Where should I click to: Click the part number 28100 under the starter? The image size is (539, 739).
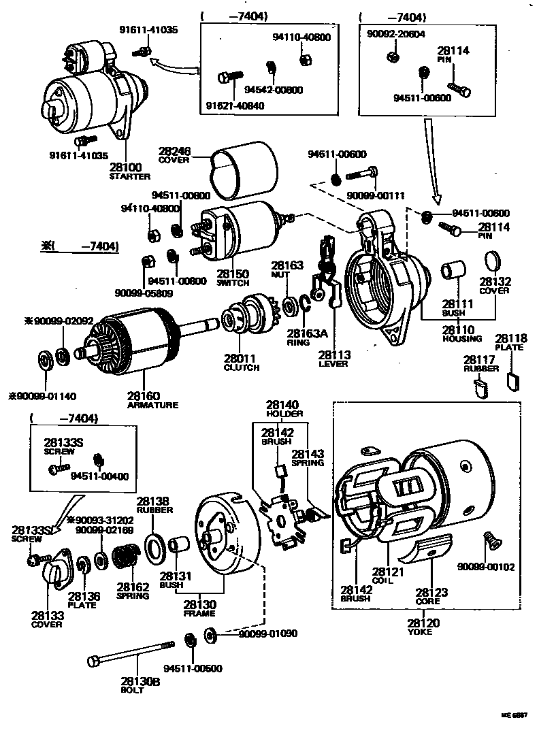coord(125,167)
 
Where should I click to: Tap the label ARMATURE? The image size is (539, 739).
coord(152,405)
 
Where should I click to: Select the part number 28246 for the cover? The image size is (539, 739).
coord(174,152)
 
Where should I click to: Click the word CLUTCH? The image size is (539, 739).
coord(241,367)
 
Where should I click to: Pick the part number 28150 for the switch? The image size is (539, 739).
coord(232,274)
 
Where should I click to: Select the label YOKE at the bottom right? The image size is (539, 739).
coord(423,632)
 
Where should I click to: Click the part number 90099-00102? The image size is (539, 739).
coord(485,566)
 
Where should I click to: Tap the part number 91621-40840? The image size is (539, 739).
coord(235,105)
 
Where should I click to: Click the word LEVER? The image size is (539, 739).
coord(333,363)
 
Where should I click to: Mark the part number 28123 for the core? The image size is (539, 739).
coord(431,592)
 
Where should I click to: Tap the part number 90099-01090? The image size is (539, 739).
coord(267,634)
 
